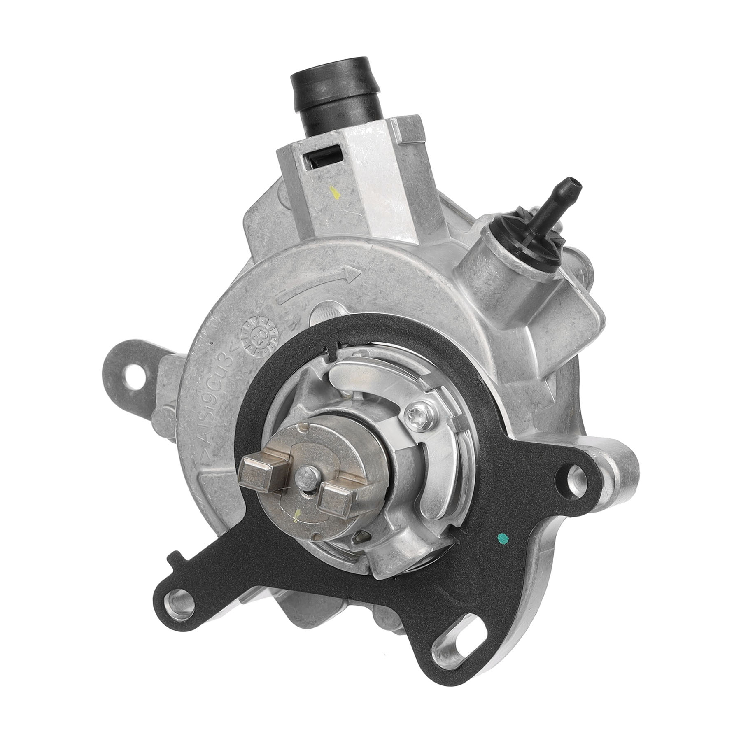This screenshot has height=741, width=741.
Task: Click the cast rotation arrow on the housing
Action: (x=319, y=283)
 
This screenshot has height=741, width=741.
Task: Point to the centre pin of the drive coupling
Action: (x=305, y=485)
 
